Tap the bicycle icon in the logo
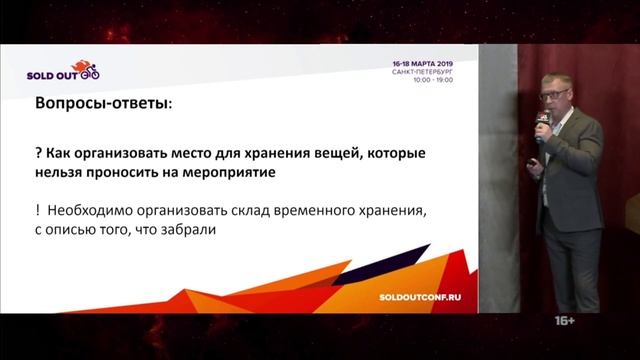[89, 72]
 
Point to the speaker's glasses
[552, 96]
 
